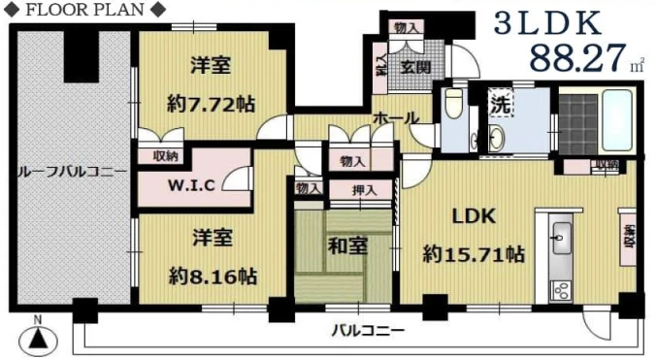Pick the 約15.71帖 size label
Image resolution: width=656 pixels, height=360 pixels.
tap(475, 255)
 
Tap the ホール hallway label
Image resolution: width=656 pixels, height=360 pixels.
tap(397, 117)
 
